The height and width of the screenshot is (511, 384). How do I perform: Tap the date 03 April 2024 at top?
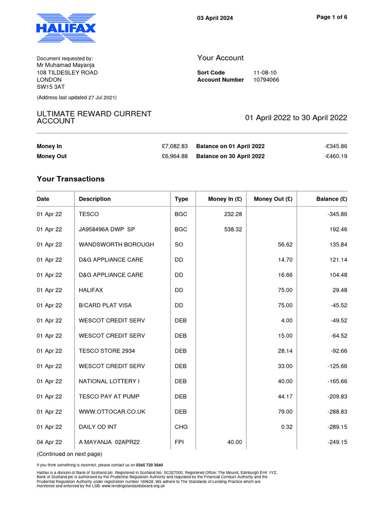[215, 18]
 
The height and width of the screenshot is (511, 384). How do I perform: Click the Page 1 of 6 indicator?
[332, 17]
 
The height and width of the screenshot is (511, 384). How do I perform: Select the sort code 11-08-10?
[264, 73]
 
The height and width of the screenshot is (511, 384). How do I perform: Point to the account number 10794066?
[266, 80]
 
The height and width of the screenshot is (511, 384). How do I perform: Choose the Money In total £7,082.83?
[174, 147]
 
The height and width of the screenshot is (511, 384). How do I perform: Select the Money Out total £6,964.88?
[174, 156]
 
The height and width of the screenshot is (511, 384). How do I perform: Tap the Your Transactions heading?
[70, 179]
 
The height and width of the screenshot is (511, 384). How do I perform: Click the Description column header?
[94, 199]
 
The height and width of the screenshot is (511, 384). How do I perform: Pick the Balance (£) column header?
[331, 199]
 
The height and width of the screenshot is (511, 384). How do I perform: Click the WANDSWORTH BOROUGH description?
[116, 245]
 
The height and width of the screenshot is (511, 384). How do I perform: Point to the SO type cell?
[178, 245]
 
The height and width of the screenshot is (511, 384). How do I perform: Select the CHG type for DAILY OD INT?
[181, 427]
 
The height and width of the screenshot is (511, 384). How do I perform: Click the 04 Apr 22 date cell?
[49, 442]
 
